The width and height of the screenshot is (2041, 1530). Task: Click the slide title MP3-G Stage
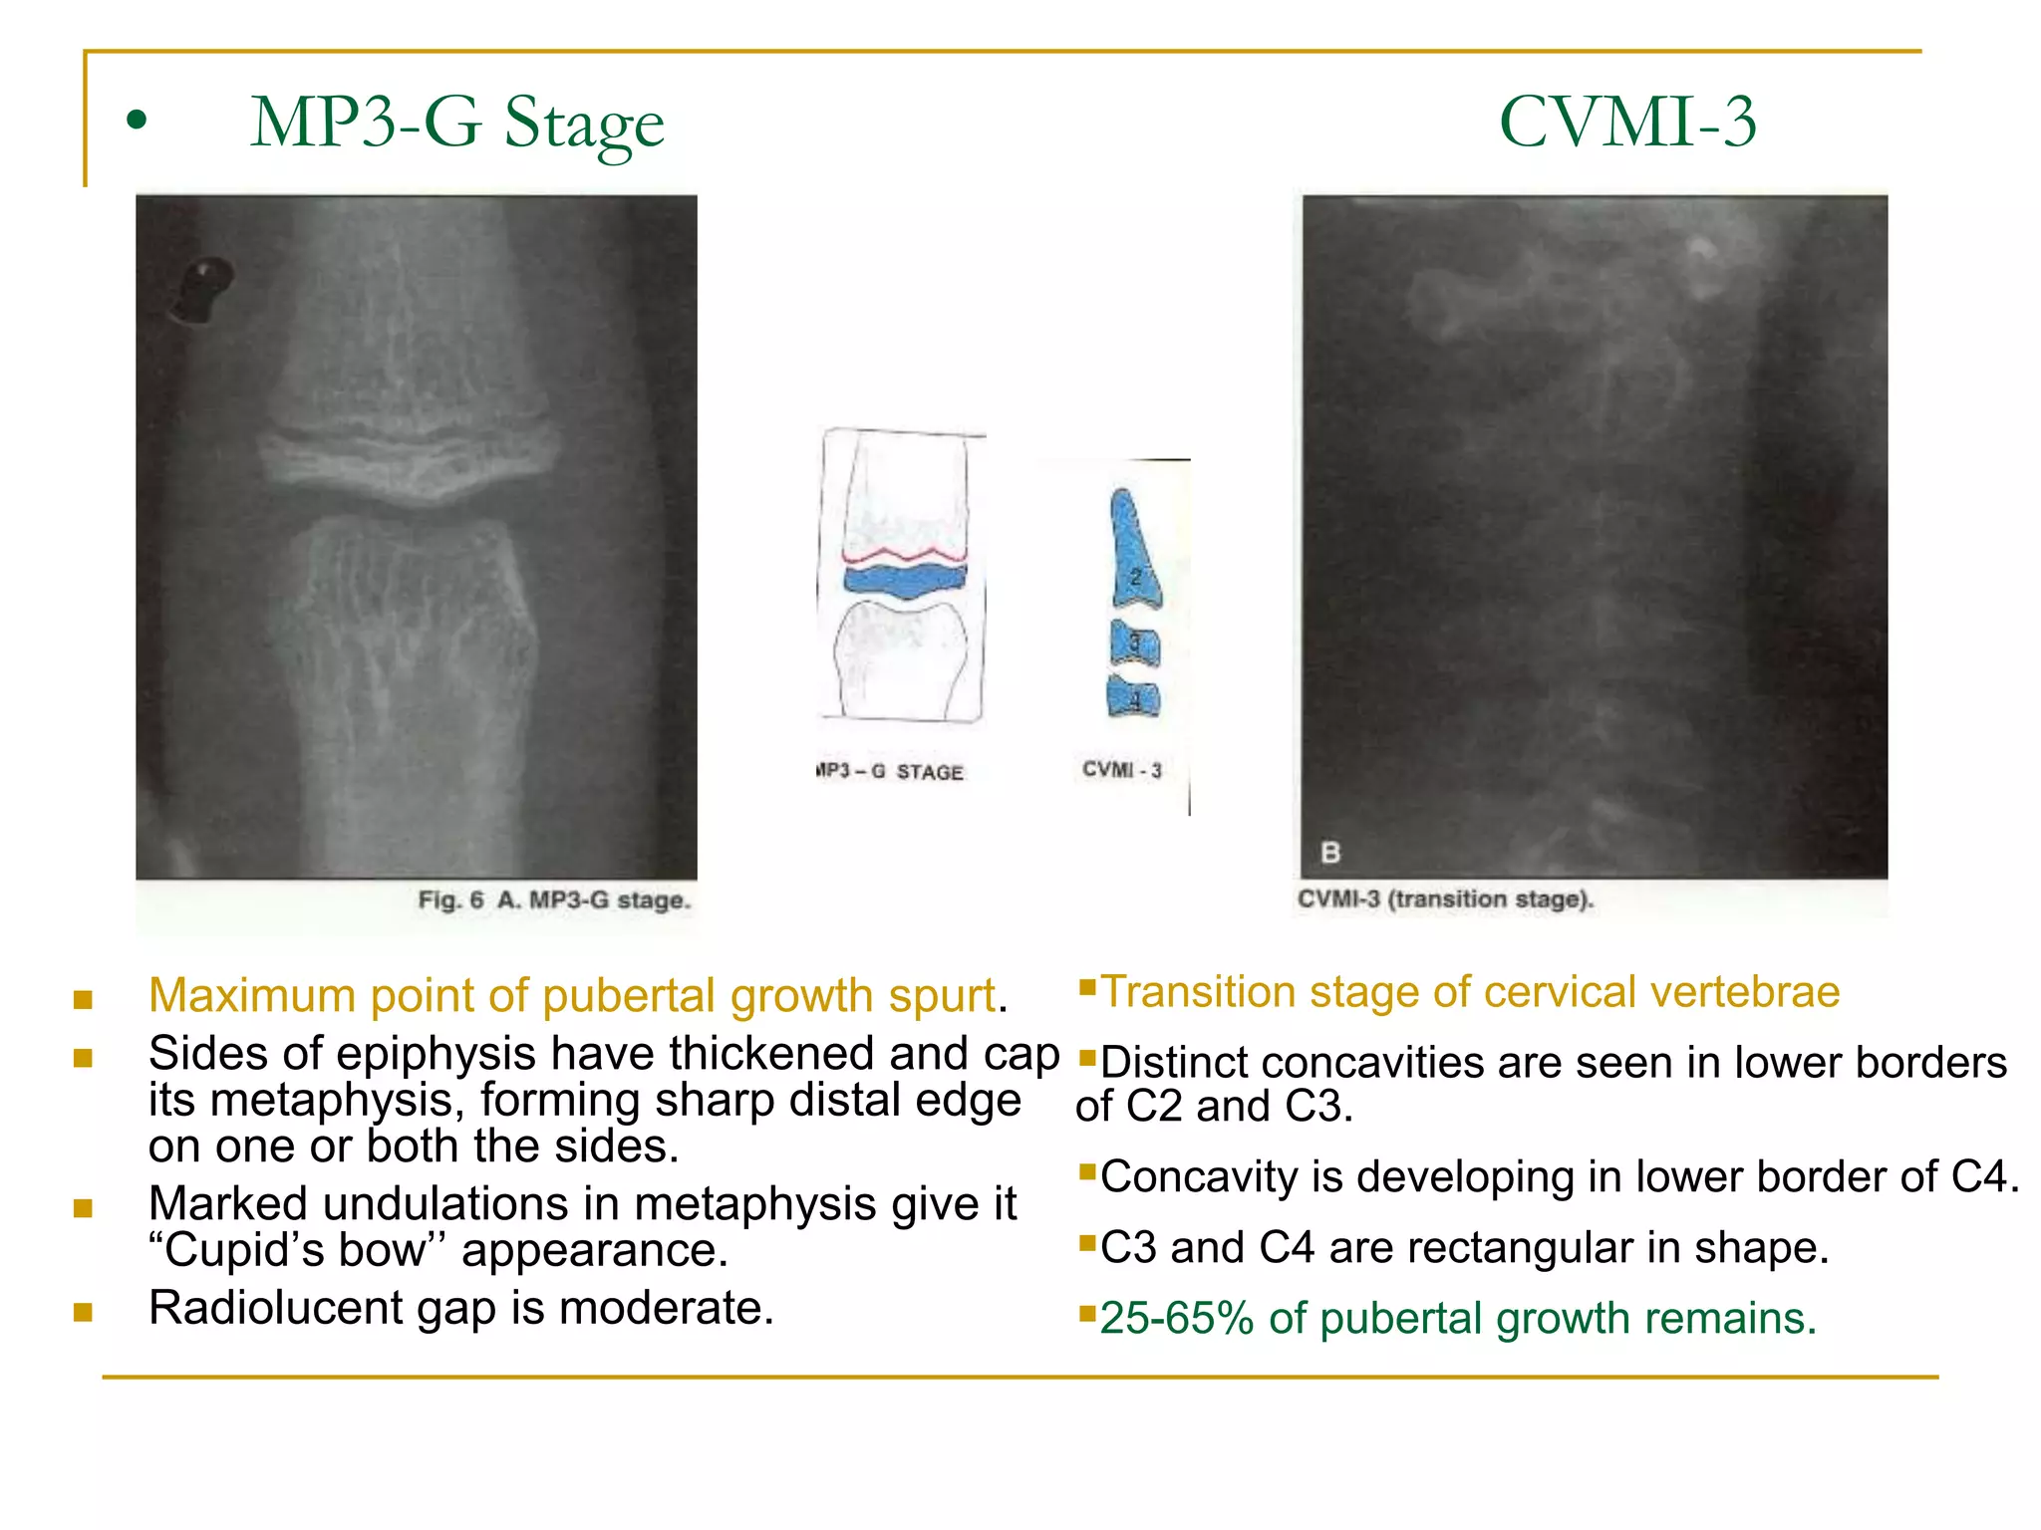456,124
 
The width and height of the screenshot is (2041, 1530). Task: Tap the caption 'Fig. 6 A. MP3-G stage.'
554,900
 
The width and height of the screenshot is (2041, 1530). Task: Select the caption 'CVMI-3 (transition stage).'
1445,899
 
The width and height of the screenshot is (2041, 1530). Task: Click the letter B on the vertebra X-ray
1330,853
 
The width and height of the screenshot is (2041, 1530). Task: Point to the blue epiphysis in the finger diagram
904,581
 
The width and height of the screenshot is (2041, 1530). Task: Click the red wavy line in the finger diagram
904,554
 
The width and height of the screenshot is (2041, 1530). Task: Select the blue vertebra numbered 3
1135,643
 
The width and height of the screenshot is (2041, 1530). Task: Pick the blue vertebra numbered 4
1134,697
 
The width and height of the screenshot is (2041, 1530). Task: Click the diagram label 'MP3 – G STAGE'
890,772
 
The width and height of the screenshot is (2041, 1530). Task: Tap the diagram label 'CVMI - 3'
1122,770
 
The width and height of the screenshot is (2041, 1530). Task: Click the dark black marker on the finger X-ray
203,290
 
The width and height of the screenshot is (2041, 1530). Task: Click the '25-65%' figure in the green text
1177,1318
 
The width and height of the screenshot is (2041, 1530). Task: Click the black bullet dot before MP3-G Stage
137,122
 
